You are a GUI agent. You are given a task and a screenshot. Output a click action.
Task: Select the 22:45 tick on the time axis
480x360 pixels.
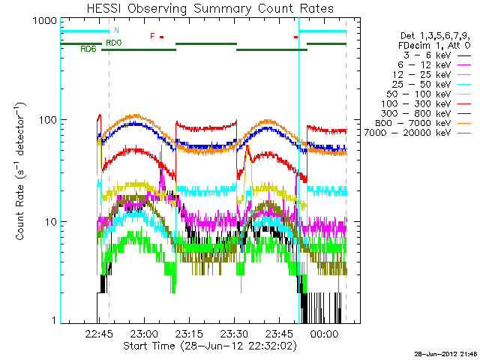point(99,333)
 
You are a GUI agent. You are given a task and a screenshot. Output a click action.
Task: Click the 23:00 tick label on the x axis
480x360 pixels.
point(144,333)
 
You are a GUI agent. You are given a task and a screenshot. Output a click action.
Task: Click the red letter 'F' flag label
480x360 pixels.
point(152,36)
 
